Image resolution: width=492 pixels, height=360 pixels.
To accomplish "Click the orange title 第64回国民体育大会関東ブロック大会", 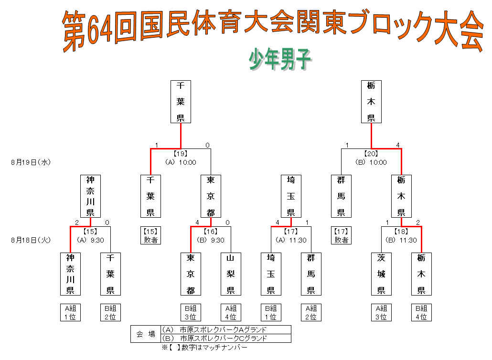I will (x=272, y=30).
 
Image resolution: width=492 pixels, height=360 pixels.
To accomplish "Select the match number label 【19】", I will (x=181, y=154).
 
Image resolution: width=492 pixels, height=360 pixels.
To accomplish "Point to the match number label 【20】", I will (x=371, y=154).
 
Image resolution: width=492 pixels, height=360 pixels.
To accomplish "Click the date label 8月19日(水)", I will (x=31, y=162).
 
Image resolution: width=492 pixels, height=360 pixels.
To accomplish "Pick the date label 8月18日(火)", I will (x=31, y=240).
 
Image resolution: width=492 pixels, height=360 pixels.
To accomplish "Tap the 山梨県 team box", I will (x=231, y=274).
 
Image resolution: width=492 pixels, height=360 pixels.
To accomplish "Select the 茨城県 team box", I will (x=381, y=274).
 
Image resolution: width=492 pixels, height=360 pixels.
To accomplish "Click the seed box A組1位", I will (x=70, y=312).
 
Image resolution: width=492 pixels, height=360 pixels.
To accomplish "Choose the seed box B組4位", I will (x=421, y=312).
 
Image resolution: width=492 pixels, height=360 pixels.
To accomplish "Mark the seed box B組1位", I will (x=271, y=312).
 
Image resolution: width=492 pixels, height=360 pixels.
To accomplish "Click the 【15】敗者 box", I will (x=150, y=236).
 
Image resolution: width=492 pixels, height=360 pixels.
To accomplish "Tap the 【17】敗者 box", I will (x=341, y=236).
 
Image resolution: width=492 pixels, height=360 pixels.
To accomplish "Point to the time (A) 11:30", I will (x=291, y=240).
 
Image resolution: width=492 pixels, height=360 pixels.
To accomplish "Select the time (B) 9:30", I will (x=211, y=240).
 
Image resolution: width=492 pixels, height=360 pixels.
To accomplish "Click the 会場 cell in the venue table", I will (x=146, y=334).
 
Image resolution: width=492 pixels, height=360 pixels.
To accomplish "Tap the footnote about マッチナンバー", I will (x=204, y=348).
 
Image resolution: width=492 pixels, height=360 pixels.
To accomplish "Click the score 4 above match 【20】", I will (x=398, y=145).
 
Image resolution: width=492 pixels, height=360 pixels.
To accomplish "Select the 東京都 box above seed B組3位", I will (x=191, y=274).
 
